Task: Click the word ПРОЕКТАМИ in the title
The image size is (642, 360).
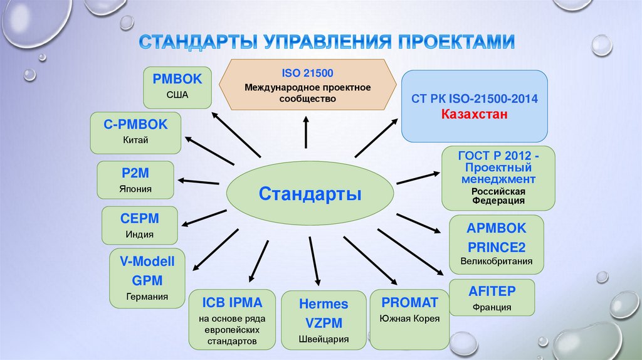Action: coord(455,43)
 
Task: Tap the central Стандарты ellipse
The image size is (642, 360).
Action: coord(310,192)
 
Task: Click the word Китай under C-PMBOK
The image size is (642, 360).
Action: coord(136,140)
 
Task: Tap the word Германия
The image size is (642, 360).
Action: coord(147,297)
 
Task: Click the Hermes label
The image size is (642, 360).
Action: coord(323,304)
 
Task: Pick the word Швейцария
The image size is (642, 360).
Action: coord(324,340)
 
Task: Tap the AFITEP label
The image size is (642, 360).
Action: coord(492,290)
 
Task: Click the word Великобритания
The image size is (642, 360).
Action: coord(496,261)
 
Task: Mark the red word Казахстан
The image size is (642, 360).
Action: coord(474,115)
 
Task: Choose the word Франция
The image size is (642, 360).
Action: coord(492,307)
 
